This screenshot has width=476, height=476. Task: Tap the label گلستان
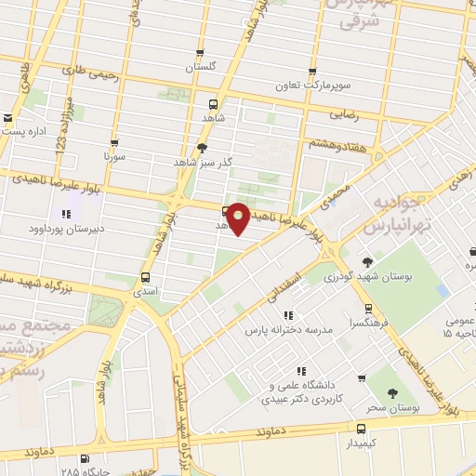pyautogui.click(x=200, y=67)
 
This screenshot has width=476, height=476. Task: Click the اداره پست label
pyautogui.click(x=24, y=131)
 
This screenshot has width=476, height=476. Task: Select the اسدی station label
pyautogui.click(x=145, y=290)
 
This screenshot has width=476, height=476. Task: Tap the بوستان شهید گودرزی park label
pyautogui.click(x=367, y=276)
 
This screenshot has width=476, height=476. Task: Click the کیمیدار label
pyautogui.click(x=361, y=443)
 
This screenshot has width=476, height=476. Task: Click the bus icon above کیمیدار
pyautogui.click(x=361, y=428)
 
